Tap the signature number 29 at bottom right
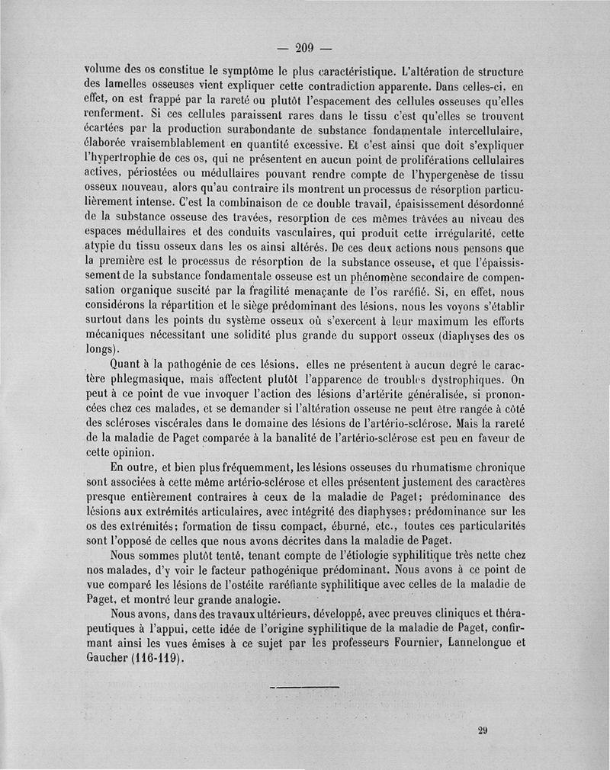(482, 729)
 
